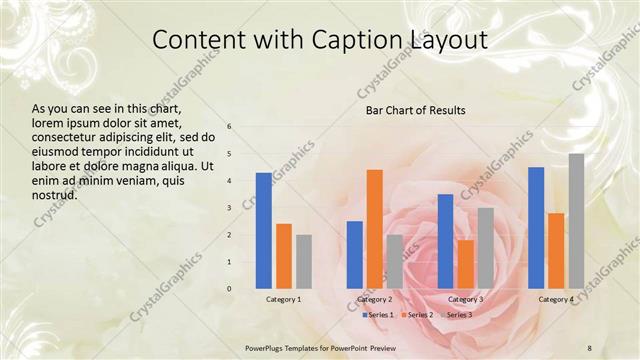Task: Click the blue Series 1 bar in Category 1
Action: point(263,231)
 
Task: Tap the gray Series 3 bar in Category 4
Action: point(576,221)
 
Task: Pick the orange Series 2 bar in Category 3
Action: point(465,264)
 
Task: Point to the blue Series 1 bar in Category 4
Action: point(536,228)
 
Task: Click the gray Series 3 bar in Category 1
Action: point(303,262)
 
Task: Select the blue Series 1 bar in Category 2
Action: point(354,255)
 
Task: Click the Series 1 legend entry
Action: point(376,315)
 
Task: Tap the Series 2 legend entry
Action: point(416,315)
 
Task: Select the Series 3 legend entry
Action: point(456,315)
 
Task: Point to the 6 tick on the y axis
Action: point(229,127)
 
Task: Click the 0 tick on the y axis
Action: point(229,289)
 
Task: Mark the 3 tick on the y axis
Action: point(229,208)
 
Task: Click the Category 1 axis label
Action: point(283,299)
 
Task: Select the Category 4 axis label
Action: point(556,299)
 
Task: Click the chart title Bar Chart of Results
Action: point(415,109)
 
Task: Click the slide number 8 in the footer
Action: point(590,346)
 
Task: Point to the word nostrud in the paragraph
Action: point(55,194)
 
